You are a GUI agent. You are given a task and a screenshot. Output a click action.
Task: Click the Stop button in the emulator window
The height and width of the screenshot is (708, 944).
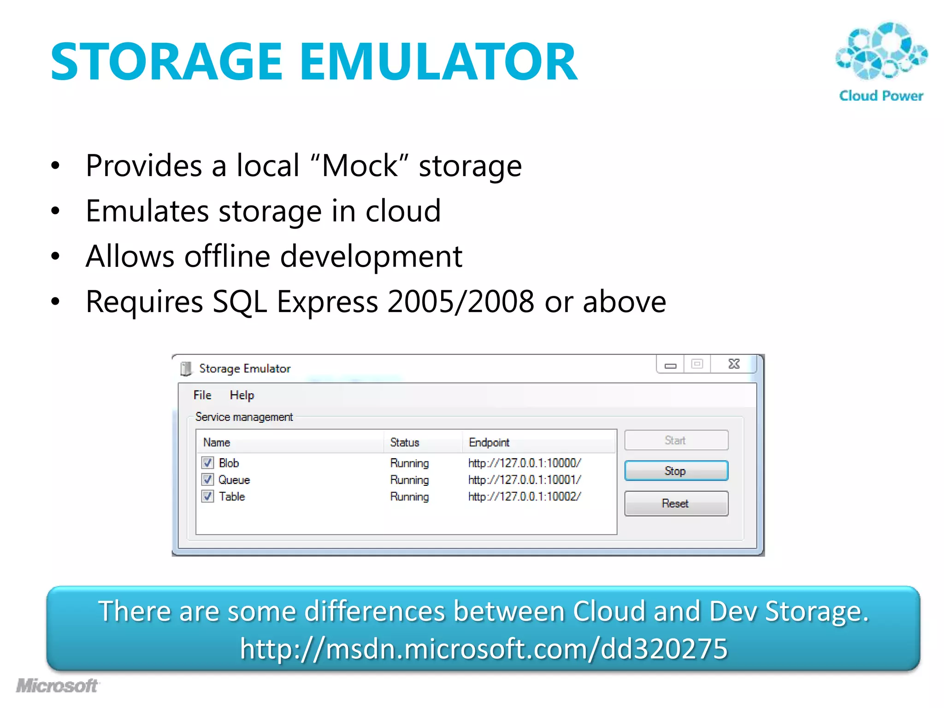coord(676,471)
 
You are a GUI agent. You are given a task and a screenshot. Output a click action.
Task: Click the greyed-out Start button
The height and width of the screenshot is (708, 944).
coord(676,440)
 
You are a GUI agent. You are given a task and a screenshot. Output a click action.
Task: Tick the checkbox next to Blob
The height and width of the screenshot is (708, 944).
coord(208,463)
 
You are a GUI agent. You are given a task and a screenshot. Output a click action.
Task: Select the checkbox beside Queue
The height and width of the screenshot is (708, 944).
coord(208,480)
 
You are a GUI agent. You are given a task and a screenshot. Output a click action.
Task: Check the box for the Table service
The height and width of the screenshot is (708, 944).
coord(208,496)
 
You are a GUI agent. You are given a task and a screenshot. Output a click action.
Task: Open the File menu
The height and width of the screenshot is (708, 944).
coord(202,395)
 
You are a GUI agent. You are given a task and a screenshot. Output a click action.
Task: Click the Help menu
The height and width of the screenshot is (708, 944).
coord(242,395)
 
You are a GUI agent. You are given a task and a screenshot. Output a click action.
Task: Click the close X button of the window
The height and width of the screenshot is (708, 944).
coord(734,364)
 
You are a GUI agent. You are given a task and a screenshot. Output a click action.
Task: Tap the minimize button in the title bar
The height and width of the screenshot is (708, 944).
coord(671,365)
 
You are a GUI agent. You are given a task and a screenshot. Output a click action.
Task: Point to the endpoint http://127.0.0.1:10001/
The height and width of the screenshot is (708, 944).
coord(525,480)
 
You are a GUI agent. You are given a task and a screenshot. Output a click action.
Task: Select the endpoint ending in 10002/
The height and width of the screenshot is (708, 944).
coord(525,496)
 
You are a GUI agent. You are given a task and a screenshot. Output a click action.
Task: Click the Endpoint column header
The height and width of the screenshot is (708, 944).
coord(489,442)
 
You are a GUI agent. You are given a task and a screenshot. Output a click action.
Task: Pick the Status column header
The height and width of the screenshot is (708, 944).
coord(404,442)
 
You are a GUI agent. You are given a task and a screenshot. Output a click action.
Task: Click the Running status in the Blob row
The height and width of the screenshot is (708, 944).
coord(409,463)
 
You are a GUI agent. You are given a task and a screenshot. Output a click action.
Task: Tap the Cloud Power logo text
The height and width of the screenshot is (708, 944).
coord(881,96)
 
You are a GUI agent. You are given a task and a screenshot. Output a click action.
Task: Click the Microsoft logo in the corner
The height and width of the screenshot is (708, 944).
coord(57,686)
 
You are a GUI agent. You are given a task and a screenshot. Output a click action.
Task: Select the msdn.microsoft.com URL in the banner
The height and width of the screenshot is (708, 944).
coord(484,649)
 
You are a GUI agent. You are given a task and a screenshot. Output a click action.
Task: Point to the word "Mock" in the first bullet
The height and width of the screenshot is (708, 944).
coord(360,166)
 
